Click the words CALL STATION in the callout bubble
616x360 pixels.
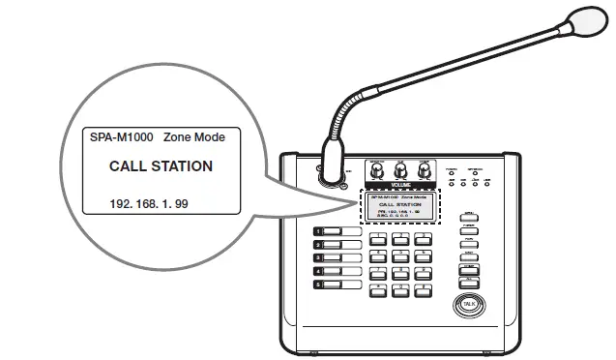click(x=161, y=165)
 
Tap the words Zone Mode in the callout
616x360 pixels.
click(x=194, y=137)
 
